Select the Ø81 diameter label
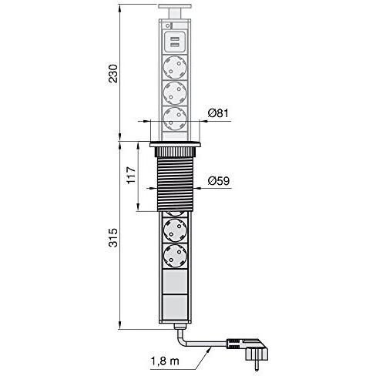click(x=218, y=115)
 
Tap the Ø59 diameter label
click(x=218, y=183)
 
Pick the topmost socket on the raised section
click(x=175, y=66)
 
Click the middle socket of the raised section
click(x=175, y=94)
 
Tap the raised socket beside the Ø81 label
click(x=175, y=119)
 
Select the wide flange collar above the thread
click(x=175, y=146)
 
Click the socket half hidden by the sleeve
click(x=175, y=213)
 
